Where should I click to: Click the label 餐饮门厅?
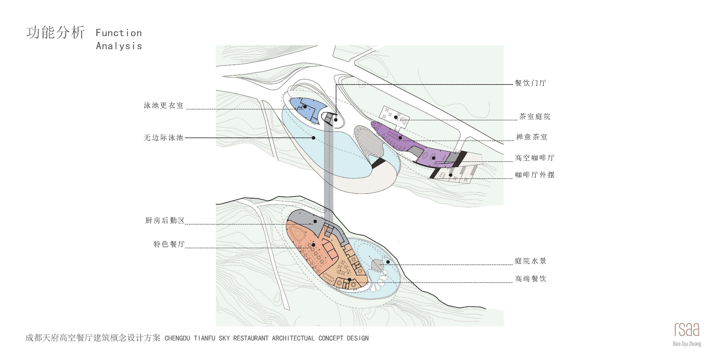(x=530, y=83)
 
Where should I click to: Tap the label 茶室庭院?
(x=534, y=117)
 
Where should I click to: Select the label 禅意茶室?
(x=531, y=137)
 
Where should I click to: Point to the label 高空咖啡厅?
(x=534, y=158)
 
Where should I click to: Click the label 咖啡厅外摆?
(x=534, y=175)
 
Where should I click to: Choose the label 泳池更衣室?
(x=163, y=105)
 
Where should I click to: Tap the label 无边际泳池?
(x=163, y=137)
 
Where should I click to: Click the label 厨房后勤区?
(x=165, y=221)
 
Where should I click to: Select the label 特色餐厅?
(x=169, y=244)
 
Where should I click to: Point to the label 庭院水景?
(x=530, y=261)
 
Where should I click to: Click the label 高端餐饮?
(x=530, y=279)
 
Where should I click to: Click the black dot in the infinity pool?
(x=314, y=138)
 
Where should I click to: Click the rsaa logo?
(x=687, y=330)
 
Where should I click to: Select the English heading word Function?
(x=119, y=33)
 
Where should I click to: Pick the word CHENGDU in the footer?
(x=177, y=338)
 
